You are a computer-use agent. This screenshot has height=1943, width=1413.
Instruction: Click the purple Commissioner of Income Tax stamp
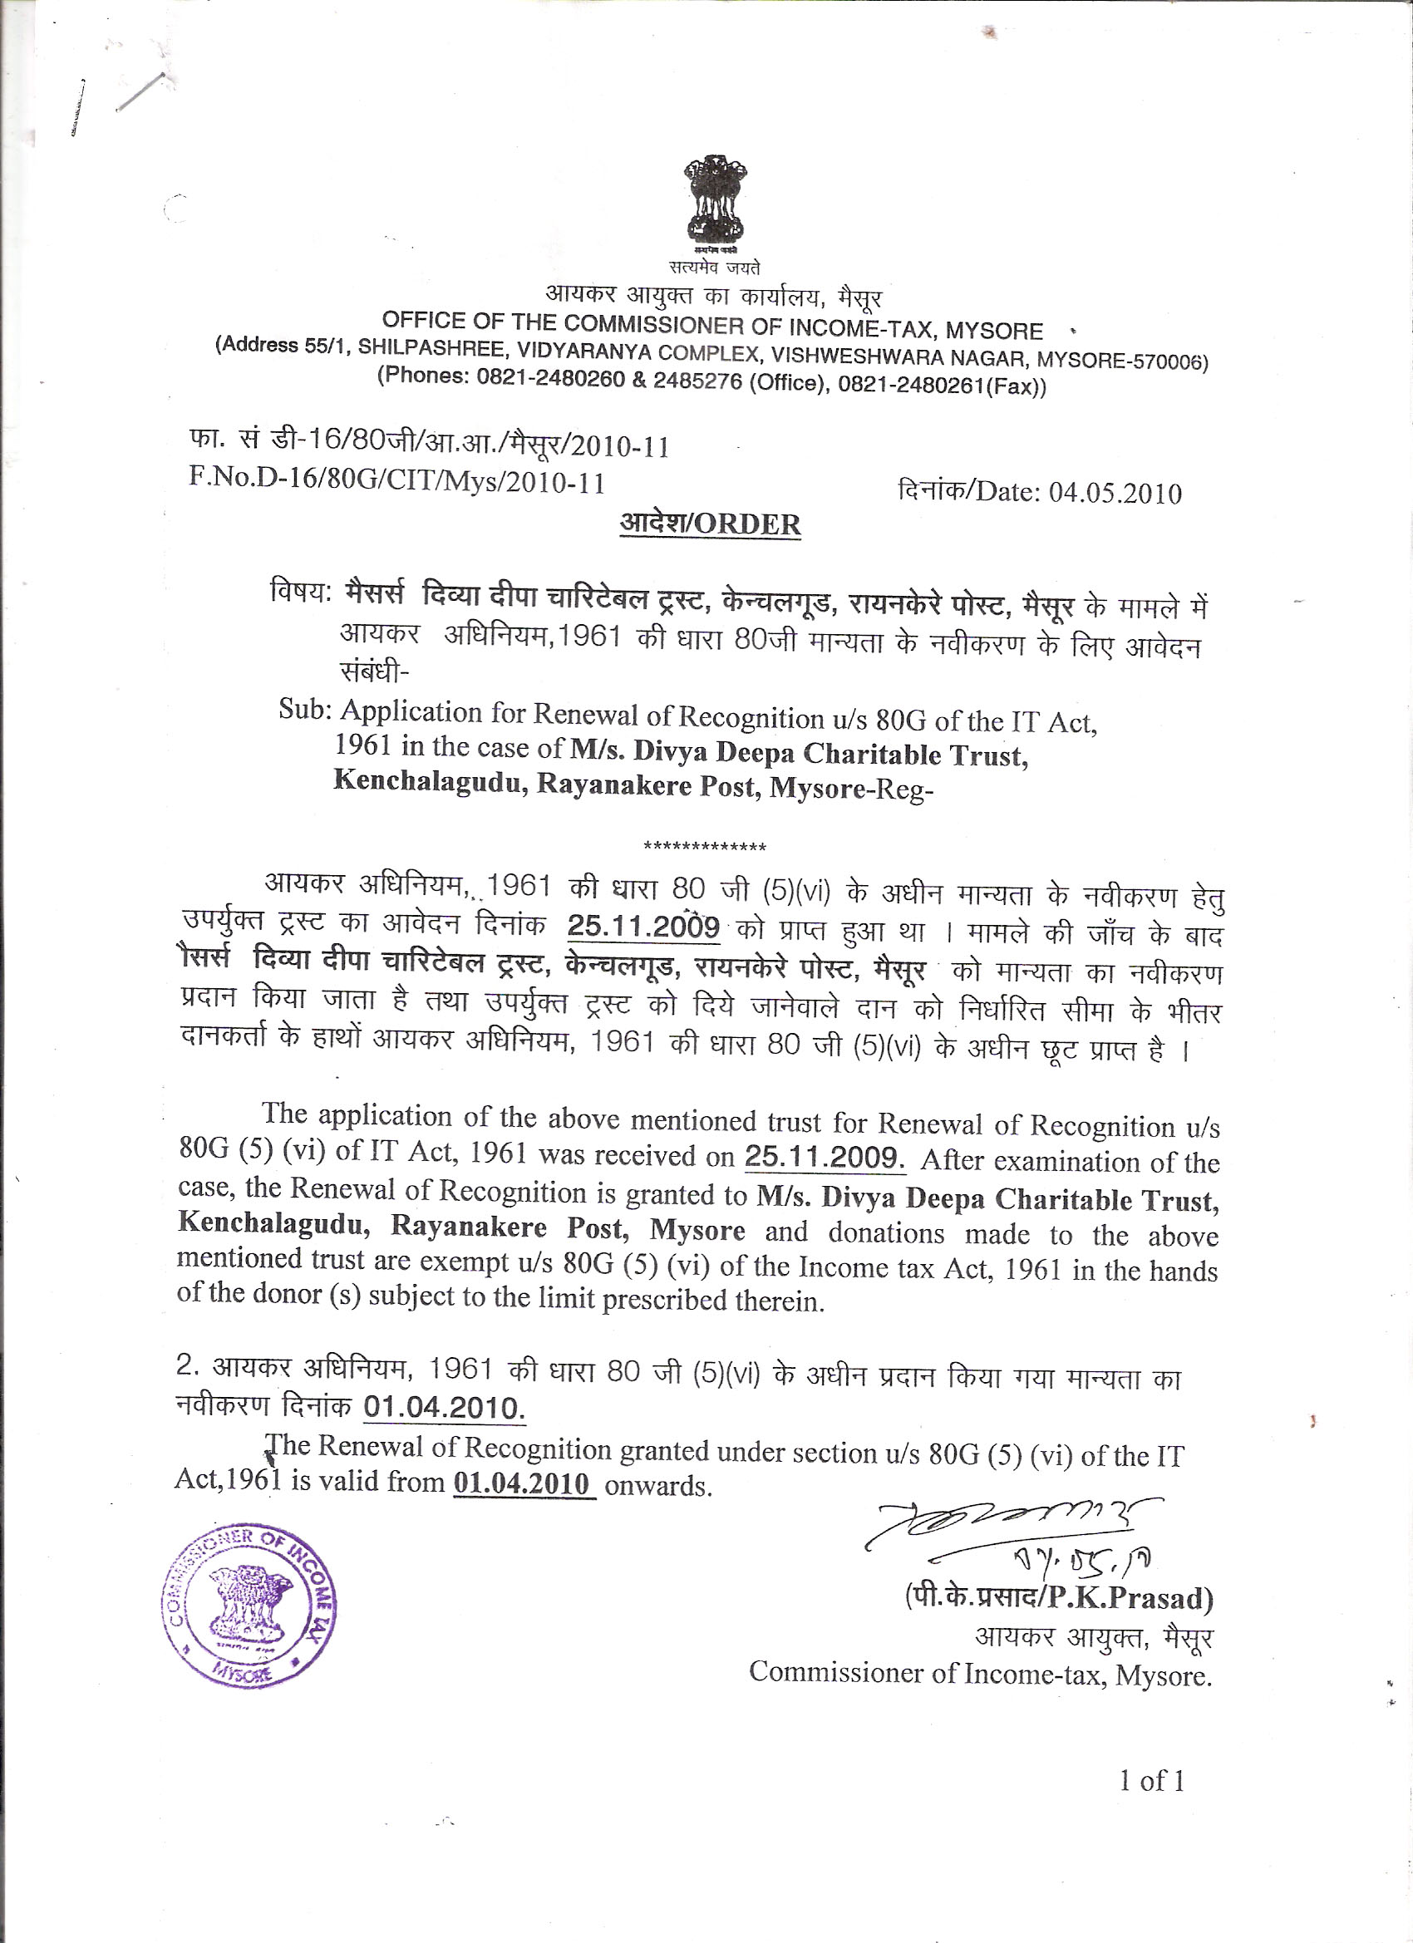(x=249, y=1605)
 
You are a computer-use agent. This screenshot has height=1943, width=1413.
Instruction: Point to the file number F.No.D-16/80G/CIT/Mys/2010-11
(x=396, y=480)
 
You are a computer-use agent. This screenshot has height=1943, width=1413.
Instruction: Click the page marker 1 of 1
(x=1152, y=1781)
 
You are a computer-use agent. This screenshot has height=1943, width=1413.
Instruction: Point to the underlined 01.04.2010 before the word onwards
(x=523, y=1483)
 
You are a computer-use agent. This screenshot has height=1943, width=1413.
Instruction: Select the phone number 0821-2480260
(x=550, y=378)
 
